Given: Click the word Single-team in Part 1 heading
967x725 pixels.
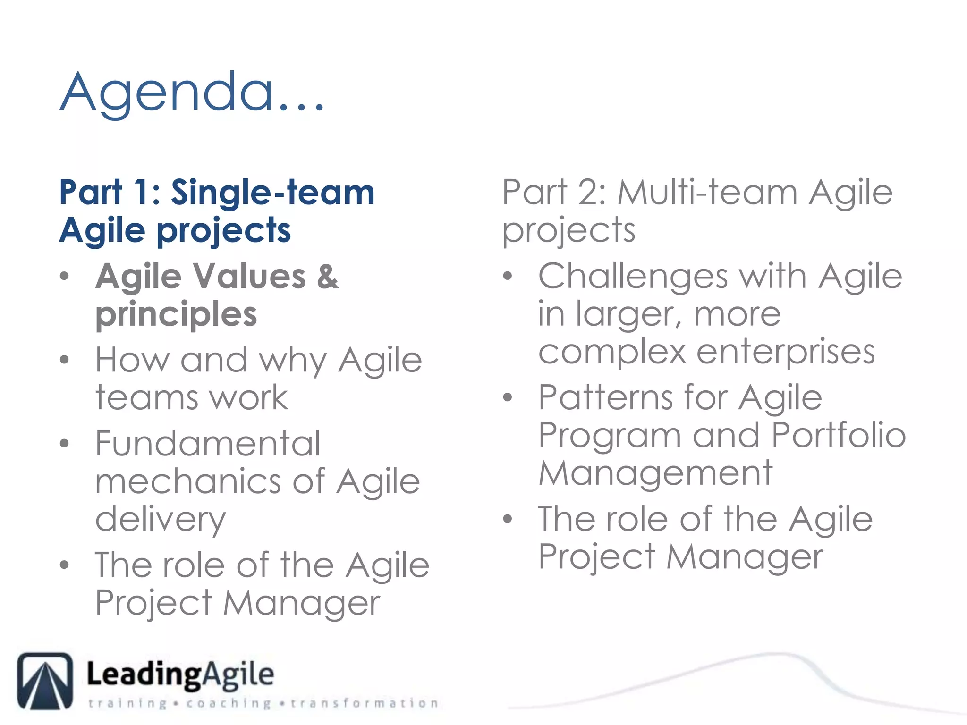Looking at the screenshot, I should pyautogui.click(x=272, y=193).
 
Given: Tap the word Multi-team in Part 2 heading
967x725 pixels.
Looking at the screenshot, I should pyautogui.click(x=708, y=193).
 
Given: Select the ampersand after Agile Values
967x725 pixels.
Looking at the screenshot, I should pyautogui.click(x=327, y=276).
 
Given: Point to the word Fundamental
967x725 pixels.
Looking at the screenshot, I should pyautogui.click(x=208, y=444).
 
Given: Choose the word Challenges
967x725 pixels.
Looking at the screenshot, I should pyautogui.click(x=633, y=276).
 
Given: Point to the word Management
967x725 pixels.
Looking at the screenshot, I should pyautogui.click(x=655, y=473).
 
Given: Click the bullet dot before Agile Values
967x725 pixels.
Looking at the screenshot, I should pyautogui.click(x=65, y=276).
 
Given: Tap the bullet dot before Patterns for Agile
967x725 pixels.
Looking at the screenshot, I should pyautogui.click(x=508, y=397).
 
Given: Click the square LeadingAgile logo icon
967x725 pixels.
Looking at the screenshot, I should pyautogui.click(x=45, y=681).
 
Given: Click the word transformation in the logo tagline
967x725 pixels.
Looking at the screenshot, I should pyautogui.click(x=364, y=704).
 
